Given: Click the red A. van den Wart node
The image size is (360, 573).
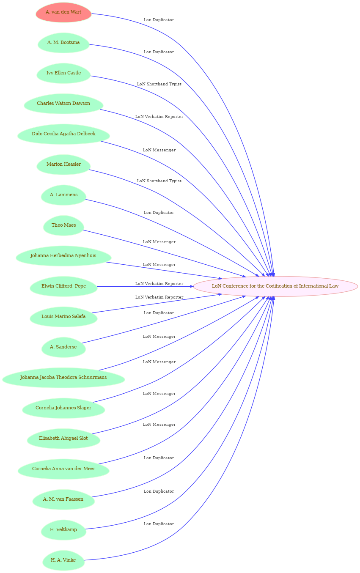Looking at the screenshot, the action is [x=63, y=12].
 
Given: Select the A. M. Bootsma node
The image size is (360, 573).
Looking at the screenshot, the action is [x=63, y=43].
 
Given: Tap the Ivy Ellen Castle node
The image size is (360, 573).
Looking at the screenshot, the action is [x=63, y=73].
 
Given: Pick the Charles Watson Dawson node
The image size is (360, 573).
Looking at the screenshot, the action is [x=63, y=104].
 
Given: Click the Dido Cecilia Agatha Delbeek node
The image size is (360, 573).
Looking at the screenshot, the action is [x=63, y=134].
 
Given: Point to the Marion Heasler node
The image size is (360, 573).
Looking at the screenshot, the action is [x=63, y=164].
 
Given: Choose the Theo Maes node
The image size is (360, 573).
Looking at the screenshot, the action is [x=63, y=225].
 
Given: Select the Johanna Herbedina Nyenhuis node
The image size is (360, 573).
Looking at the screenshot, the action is [x=63, y=256].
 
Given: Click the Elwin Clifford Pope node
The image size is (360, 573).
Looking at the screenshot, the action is [x=63, y=286].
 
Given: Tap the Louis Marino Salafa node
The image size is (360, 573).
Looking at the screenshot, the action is [x=63, y=317].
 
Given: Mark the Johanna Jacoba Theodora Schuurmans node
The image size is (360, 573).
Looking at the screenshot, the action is [x=63, y=378].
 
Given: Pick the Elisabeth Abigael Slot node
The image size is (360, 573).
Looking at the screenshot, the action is [x=63, y=439].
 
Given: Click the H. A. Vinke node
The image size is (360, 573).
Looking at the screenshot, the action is [x=63, y=560].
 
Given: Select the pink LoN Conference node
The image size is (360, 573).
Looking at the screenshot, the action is [x=275, y=286].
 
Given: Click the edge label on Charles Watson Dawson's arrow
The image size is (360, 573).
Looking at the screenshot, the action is [x=159, y=117].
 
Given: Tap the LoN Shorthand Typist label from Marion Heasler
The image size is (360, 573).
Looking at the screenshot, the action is [x=159, y=181].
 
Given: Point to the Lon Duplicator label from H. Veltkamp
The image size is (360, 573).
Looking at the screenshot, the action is [x=159, y=491].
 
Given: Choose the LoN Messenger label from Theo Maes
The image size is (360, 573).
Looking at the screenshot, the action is [x=159, y=242].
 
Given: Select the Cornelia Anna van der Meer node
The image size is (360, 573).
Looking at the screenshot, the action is [x=63, y=469].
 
